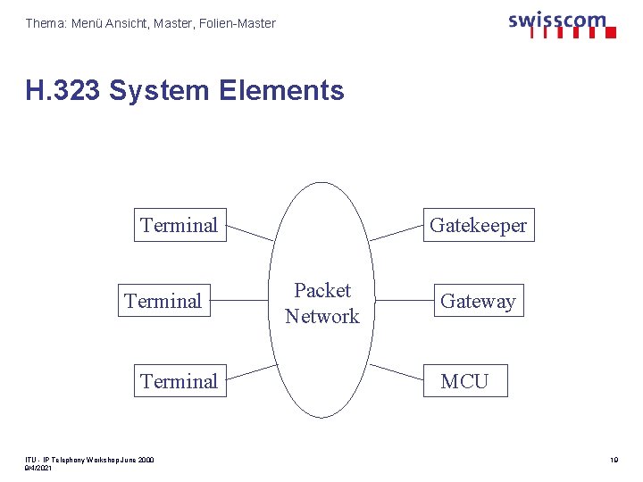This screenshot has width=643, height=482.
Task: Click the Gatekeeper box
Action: click(x=478, y=226)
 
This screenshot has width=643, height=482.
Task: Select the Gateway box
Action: click(x=478, y=302)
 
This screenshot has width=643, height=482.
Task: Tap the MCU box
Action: click(x=464, y=381)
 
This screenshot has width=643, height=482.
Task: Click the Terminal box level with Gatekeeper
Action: click(x=179, y=226)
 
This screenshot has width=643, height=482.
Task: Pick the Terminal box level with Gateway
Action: click(x=163, y=302)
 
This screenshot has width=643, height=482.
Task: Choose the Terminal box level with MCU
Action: click(x=179, y=381)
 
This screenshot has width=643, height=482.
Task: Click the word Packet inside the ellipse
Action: click(x=322, y=290)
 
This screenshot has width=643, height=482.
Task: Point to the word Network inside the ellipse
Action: click(x=322, y=316)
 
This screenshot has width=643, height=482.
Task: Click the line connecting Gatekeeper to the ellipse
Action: click(x=397, y=233)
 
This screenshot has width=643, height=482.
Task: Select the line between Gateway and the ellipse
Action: click(x=402, y=301)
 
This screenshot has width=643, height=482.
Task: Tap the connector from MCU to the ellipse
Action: click(x=397, y=372)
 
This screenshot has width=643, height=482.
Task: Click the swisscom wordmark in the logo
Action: click(x=556, y=20)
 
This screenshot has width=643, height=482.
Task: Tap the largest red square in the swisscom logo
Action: click(x=611, y=33)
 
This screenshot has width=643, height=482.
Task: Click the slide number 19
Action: click(x=614, y=461)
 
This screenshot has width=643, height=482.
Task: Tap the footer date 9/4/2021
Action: click(x=39, y=468)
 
